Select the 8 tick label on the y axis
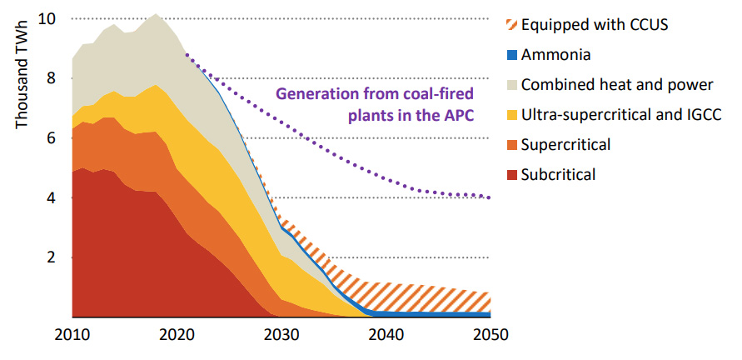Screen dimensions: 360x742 point(52,78)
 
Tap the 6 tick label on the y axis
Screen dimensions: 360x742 point(52,138)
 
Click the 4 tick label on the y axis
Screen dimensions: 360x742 point(52,198)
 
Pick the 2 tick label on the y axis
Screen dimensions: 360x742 point(52,257)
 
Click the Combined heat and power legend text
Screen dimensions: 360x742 point(617,84)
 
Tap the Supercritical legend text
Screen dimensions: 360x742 point(565,144)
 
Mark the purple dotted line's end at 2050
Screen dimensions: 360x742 point(489,197)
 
